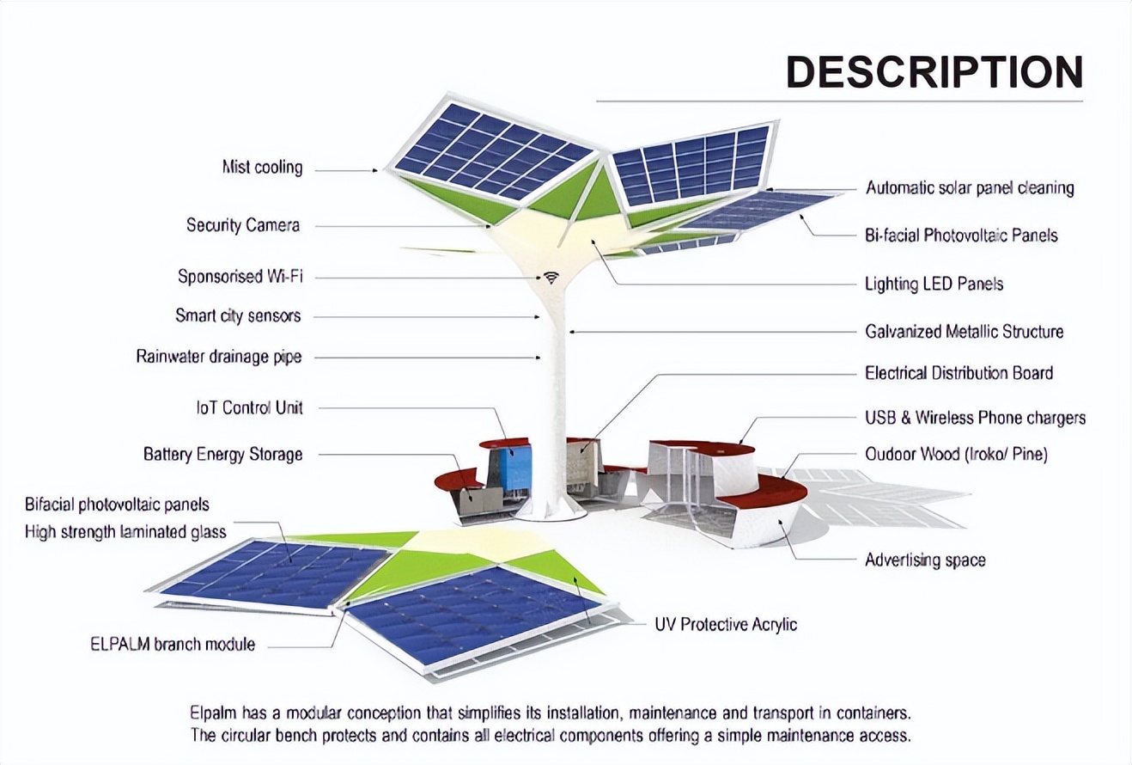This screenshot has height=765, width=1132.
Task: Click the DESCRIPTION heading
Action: point(934,72)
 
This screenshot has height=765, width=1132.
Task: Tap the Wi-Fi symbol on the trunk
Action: point(551,278)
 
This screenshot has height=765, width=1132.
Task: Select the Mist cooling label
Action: point(262,168)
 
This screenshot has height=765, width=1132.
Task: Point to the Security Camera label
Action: point(243,225)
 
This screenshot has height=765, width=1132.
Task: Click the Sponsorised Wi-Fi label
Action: point(240,277)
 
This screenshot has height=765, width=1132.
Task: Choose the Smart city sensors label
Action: point(238,316)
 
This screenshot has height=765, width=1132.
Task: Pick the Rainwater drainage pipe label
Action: point(219,357)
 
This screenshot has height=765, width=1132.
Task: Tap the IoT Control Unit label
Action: point(249,407)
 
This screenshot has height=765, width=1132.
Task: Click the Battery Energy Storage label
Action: point(223,454)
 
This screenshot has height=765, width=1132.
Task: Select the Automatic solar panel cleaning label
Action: point(970,187)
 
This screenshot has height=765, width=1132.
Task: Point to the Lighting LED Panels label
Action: point(934,284)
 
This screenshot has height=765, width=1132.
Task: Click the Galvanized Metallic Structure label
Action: point(964,332)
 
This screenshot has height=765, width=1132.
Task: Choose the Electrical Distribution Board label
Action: point(959,373)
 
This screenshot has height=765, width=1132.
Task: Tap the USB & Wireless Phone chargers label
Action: point(975,418)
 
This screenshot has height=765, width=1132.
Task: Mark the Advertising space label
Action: point(925,560)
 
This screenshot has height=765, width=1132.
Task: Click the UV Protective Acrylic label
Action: point(726,624)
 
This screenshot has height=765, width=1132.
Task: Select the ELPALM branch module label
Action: point(173,644)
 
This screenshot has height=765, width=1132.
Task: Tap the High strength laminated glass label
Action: point(125,532)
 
